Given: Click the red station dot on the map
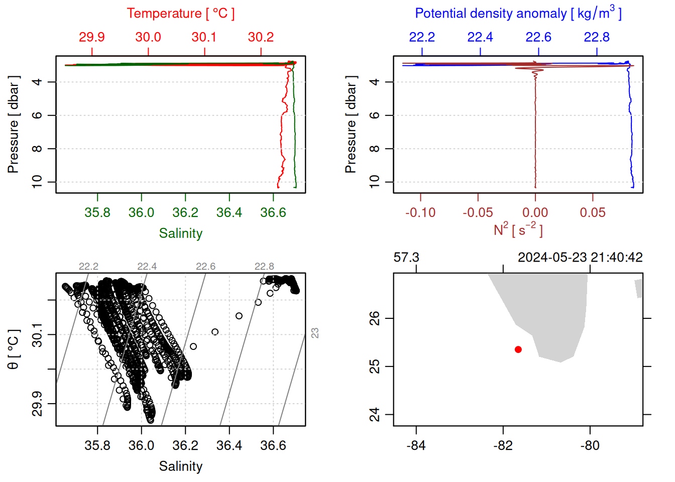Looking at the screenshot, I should click(518, 349).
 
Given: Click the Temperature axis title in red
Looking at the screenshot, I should click(180, 14).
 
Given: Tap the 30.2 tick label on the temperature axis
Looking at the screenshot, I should click(261, 37).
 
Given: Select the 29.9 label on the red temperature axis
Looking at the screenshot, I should click(92, 37).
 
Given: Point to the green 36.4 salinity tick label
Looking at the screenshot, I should click(229, 213).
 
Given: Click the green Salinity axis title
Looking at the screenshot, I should click(180, 233).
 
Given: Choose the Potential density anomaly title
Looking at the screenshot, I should click(518, 14).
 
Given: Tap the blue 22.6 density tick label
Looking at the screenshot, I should click(538, 37).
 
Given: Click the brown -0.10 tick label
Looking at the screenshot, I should click(420, 213).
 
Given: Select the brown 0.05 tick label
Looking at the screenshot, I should click(593, 213).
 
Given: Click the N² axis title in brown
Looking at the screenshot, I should click(518, 230).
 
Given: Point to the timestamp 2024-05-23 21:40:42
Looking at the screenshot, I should click(580, 258).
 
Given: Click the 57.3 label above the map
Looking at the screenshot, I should click(406, 258).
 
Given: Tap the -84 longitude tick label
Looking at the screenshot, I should click(416, 446).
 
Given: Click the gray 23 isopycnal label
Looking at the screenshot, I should click(315, 333).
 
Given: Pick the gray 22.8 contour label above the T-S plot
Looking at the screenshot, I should click(264, 267).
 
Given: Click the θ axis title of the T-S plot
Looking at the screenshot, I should click(14, 349).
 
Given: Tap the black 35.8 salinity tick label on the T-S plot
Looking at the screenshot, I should click(97, 446).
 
